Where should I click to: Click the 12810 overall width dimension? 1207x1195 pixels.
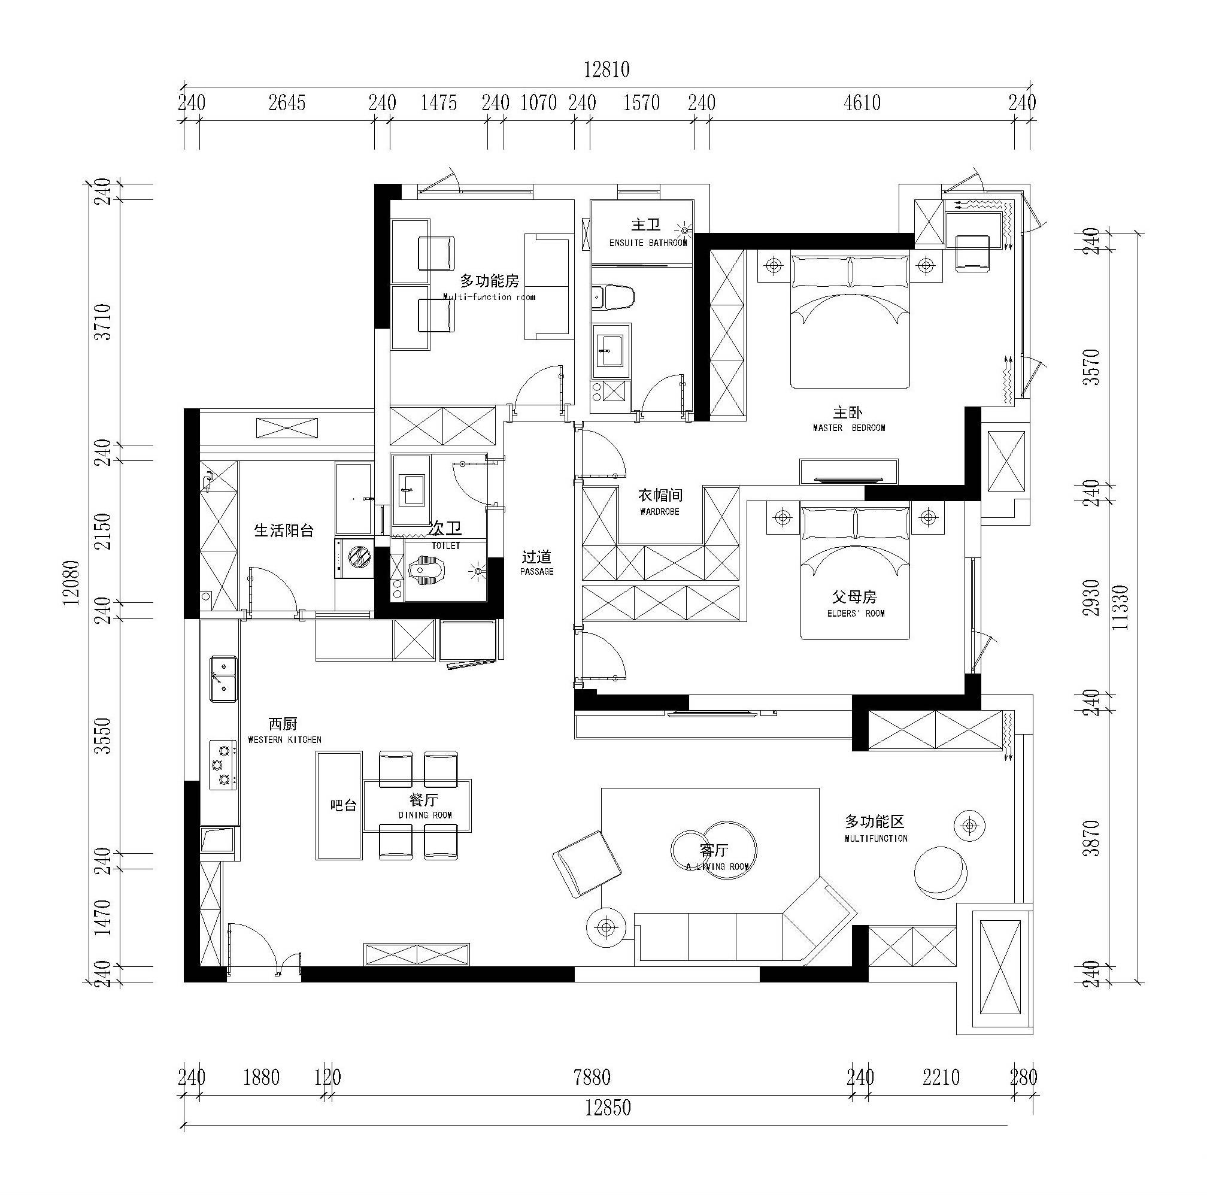coord(606,69)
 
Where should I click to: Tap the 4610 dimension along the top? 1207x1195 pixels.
coord(862,102)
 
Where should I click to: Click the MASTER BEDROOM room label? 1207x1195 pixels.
coord(848,428)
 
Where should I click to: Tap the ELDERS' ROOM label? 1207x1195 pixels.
coord(856,614)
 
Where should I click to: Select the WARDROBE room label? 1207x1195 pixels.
coord(659,512)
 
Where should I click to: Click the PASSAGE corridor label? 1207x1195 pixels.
coord(536,572)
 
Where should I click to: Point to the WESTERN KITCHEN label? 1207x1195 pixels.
coord(284,739)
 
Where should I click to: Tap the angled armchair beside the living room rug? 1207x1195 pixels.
coord(587,865)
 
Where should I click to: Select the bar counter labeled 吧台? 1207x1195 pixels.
coord(339,805)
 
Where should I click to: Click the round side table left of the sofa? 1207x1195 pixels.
coord(606,927)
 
